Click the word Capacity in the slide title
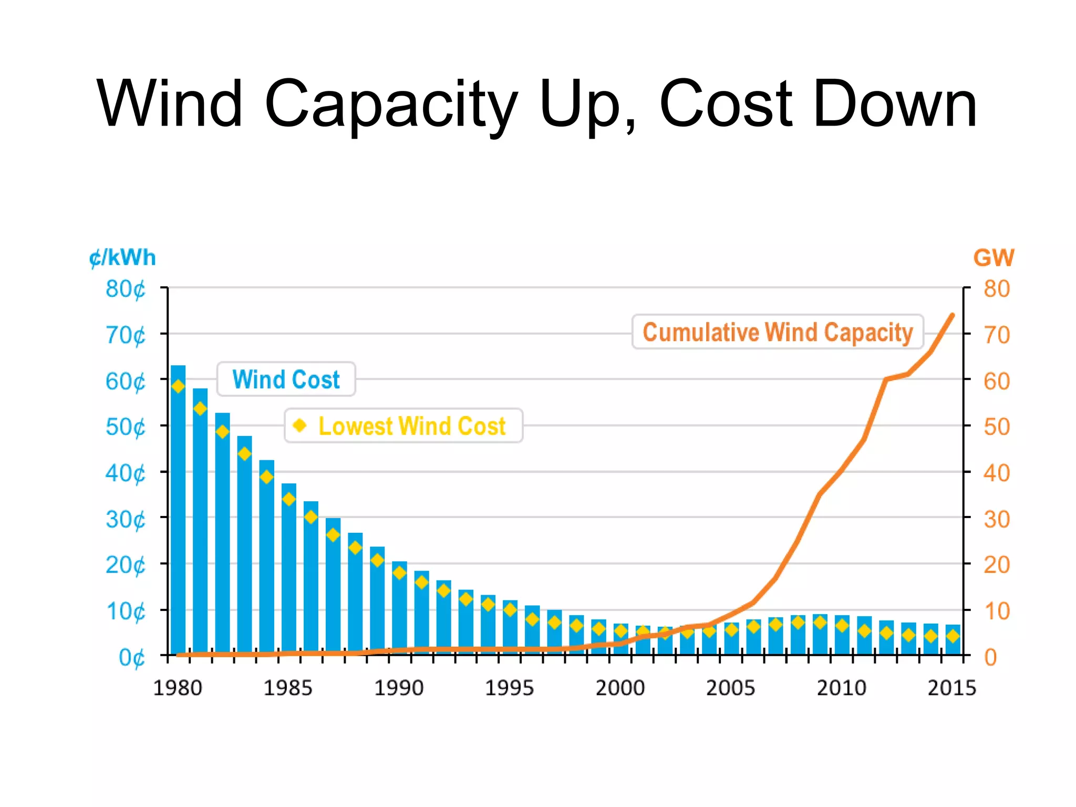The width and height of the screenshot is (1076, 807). click(x=391, y=105)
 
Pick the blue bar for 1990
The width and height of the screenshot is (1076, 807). click(x=399, y=609)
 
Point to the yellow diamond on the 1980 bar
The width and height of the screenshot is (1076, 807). click(x=178, y=387)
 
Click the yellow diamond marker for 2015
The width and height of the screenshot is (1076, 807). click(x=953, y=636)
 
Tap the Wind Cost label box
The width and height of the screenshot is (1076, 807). click(x=286, y=379)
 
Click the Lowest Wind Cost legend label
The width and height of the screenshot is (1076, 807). click(x=412, y=426)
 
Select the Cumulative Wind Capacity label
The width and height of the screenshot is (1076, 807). click(x=778, y=332)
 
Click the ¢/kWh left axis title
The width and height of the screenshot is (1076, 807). click(x=122, y=258)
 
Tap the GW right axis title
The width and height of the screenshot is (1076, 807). click(x=994, y=258)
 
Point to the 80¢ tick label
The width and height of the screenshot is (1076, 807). click(x=125, y=289)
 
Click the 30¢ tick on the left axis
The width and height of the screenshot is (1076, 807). click(x=125, y=520)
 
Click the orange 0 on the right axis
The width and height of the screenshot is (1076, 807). click(x=990, y=657)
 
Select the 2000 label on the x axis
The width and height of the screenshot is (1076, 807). click(x=620, y=688)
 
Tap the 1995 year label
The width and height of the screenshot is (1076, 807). click(x=509, y=688)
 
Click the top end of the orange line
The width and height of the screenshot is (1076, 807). click(x=952, y=316)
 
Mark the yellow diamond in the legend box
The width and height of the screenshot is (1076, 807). click(x=300, y=425)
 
